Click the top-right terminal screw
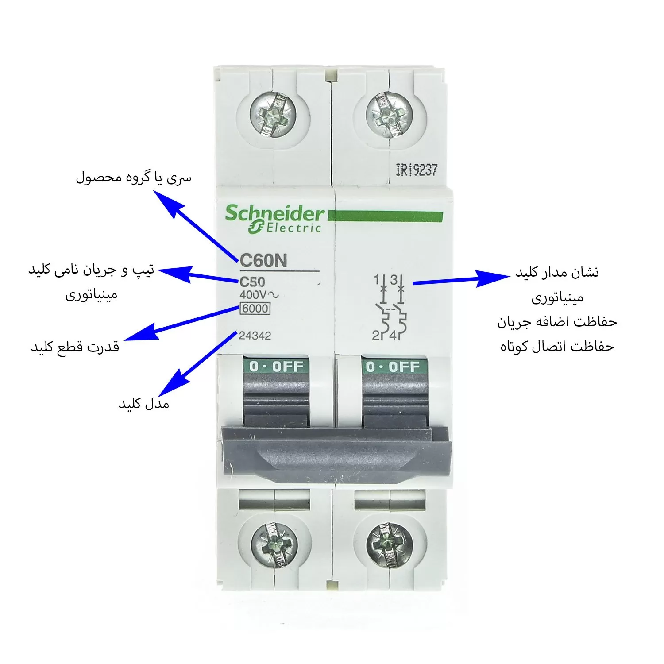tap(389, 114)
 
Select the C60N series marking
tap(263, 260)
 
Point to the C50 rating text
tap(252, 282)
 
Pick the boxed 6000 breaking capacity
tap(255, 309)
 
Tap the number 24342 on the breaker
tap(255, 336)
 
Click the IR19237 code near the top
tap(417, 170)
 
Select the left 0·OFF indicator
tap(276, 367)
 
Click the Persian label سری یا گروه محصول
tap(134, 178)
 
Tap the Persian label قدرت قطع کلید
tap(75, 346)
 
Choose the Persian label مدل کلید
tap(144, 403)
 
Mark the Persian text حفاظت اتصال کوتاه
tap(557, 346)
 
